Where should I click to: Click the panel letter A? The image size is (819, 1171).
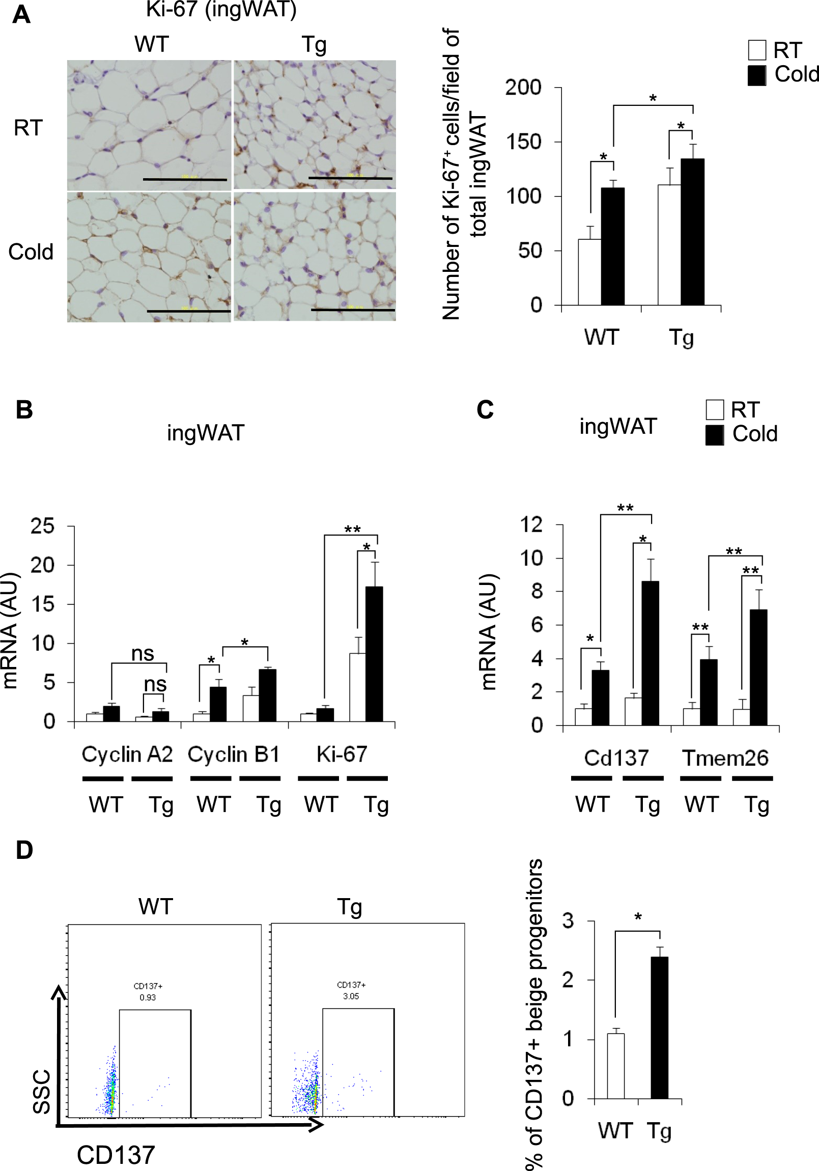[21, 14]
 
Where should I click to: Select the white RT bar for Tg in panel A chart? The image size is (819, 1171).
[669, 245]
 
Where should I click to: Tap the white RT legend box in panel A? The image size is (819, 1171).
[757, 50]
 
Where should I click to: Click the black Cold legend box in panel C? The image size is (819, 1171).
[715, 434]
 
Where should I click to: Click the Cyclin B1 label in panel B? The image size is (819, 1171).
[234, 755]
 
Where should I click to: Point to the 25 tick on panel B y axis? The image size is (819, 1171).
[42, 526]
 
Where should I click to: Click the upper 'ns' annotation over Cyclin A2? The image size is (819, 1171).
[143, 653]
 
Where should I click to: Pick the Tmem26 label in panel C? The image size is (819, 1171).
[725, 758]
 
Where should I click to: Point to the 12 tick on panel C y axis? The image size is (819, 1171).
[531, 525]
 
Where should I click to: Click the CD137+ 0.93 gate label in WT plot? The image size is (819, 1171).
[148, 991]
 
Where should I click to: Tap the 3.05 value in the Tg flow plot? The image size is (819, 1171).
[351, 995]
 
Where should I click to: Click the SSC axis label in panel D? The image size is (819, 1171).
[42, 1092]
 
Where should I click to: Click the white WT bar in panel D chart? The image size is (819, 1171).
[615, 1066]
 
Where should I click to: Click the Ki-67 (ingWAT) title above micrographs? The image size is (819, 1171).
[221, 9]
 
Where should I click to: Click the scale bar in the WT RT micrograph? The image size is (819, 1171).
[185, 180]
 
